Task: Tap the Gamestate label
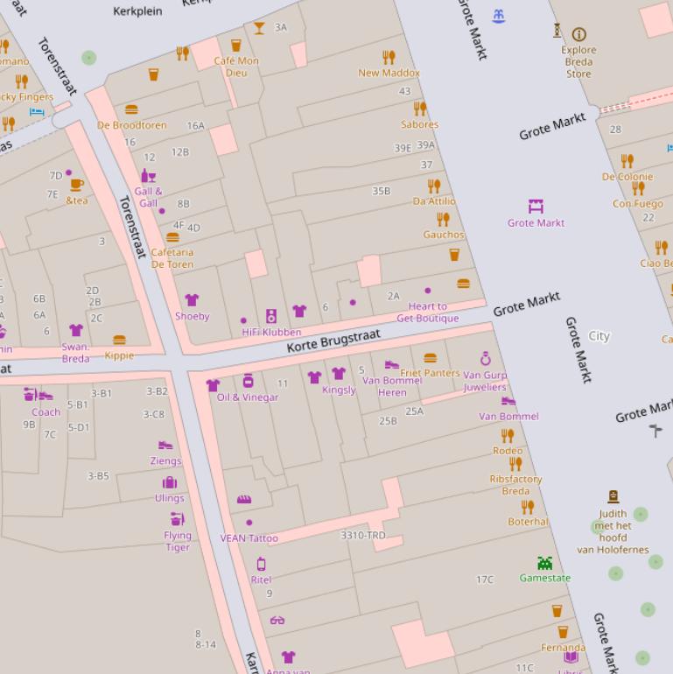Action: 544,578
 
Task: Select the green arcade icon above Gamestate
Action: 544,563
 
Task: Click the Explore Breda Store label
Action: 578,61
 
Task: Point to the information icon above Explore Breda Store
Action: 578,34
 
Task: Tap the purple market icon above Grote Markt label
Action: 536,207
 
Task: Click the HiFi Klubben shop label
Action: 271,332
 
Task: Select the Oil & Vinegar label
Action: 248,397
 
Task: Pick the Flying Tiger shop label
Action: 177,541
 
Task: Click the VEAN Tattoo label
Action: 249,538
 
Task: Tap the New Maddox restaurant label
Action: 389,73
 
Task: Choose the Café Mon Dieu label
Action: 236,67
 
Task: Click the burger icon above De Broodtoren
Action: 131,110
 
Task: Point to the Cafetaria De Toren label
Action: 172,258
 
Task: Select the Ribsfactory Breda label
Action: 515,485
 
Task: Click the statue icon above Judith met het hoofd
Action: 613,496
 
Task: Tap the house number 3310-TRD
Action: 362,535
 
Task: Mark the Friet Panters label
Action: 430,373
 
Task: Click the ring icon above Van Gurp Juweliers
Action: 486,359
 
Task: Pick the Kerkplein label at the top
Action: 138,11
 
